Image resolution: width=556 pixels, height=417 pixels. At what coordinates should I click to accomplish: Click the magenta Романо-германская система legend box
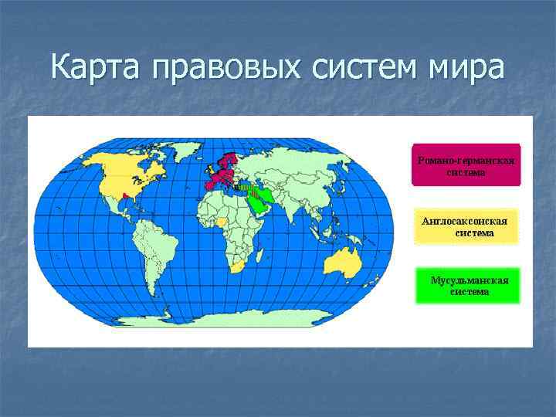466,165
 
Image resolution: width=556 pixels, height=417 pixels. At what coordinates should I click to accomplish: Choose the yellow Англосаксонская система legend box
466,226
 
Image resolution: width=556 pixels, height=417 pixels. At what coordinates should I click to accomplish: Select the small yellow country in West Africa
222,221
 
